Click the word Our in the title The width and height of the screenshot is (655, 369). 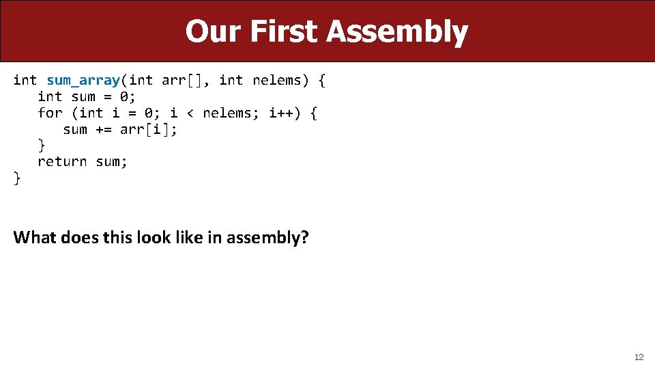tap(213, 31)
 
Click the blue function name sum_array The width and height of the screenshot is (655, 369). tap(83, 81)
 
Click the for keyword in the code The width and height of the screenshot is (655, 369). tap(50, 113)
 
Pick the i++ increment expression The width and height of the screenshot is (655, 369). tap(282, 113)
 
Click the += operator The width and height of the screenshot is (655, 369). tap(104, 129)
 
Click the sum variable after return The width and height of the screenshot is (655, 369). tap(111, 162)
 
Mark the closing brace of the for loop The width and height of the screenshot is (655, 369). tap(42, 146)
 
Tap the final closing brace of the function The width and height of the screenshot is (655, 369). tap(17, 178)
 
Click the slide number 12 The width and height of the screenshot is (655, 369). tap(639, 357)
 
